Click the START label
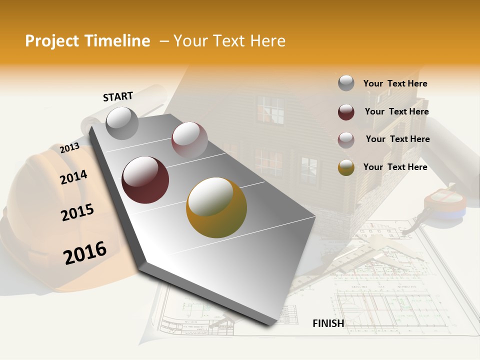[118, 96]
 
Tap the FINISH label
[328, 323]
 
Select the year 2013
[69, 148]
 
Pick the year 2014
[73, 177]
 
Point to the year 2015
[77, 212]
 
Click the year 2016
[85, 253]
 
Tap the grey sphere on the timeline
[122, 123]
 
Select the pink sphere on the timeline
[189, 139]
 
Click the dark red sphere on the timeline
[145, 180]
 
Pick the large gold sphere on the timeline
[216, 207]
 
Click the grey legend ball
[346, 83]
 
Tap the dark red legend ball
[346, 112]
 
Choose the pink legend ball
[346, 139]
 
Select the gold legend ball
[346, 167]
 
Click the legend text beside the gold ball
[395, 167]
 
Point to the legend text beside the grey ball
[395, 83]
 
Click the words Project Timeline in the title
[87, 41]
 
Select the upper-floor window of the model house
[270, 110]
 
